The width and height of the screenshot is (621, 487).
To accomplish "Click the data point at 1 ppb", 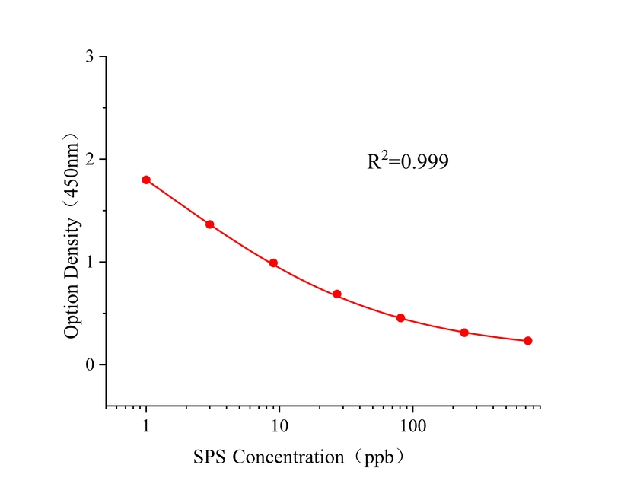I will pyautogui.click(x=146, y=180).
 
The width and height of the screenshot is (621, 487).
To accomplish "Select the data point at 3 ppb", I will pyautogui.click(x=209, y=224).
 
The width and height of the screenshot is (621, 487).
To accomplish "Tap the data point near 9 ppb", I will pyautogui.click(x=273, y=263).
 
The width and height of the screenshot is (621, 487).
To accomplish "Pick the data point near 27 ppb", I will pyautogui.click(x=337, y=294).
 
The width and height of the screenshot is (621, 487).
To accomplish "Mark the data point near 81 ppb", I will pyautogui.click(x=400, y=317).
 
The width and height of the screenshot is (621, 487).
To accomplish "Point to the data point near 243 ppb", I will pyautogui.click(x=464, y=333).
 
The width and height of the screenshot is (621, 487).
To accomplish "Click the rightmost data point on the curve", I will pyautogui.click(x=527, y=341).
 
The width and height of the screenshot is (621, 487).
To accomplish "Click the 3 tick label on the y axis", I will pyautogui.click(x=91, y=57).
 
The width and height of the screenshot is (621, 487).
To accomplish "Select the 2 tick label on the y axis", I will pyautogui.click(x=91, y=160).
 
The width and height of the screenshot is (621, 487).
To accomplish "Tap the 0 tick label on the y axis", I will pyautogui.click(x=91, y=365).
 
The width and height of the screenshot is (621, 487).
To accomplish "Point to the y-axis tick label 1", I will pyautogui.click(x=91, y=263).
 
